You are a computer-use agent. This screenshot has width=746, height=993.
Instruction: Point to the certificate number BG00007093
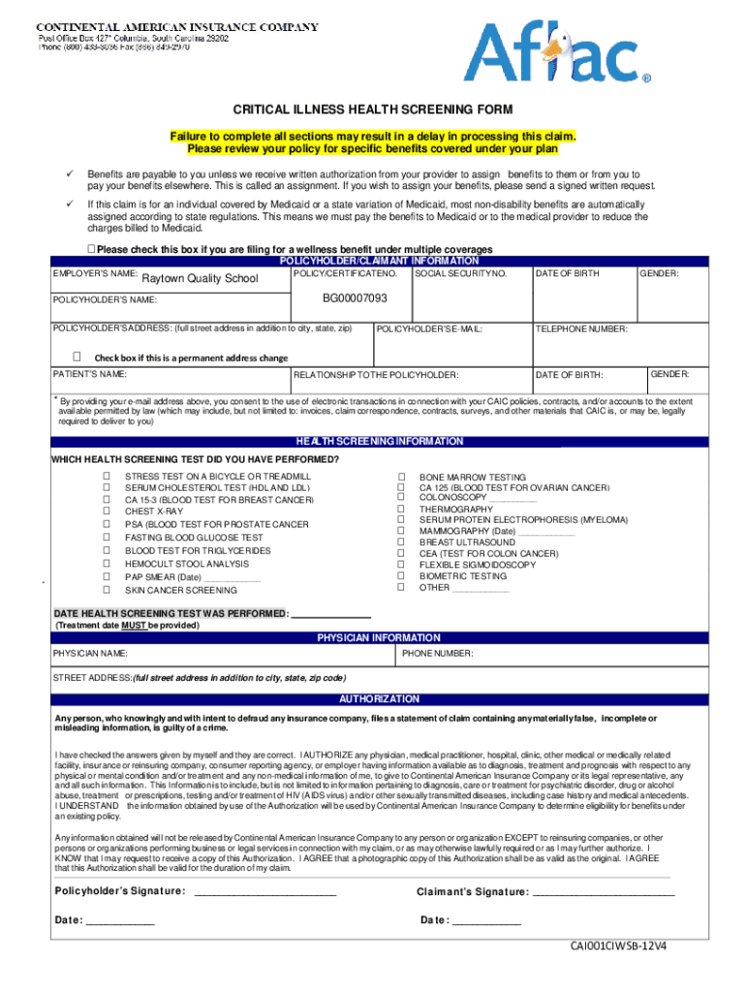355,298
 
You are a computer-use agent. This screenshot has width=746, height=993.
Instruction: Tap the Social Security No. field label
460,274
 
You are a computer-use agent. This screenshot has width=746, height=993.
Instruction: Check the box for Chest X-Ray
107,511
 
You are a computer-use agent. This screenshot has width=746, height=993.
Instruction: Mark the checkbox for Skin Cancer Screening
107,589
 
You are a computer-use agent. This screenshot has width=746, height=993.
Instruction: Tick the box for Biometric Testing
400,576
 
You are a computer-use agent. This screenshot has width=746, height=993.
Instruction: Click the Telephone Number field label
580,329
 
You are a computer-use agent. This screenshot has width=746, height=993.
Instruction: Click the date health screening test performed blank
330,614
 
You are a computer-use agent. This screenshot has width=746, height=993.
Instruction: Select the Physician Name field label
90,654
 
